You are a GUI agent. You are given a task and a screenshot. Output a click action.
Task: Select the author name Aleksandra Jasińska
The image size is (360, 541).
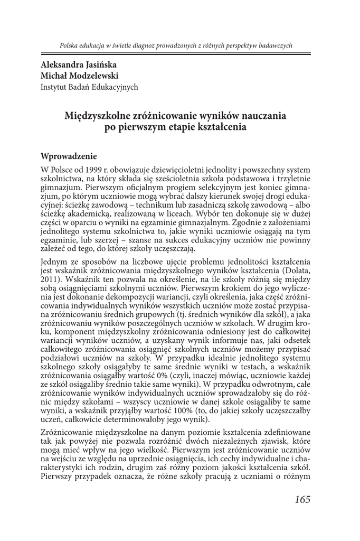coord(79,64)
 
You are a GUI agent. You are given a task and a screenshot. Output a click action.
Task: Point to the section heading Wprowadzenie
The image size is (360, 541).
coord(69,156)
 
